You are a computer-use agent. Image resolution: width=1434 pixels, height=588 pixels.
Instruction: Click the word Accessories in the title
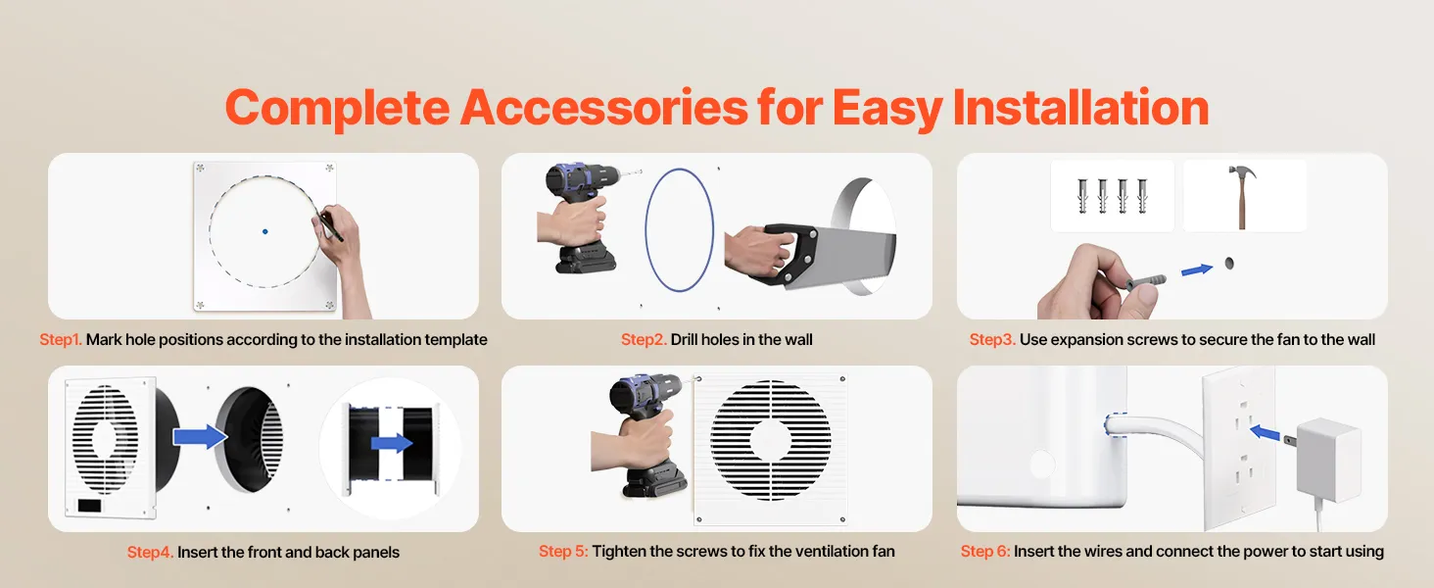tap(603, 107)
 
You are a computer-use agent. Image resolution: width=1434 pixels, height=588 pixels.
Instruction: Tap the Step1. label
tap(61, 339)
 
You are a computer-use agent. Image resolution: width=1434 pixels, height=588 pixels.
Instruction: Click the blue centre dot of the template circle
tap(265, 231)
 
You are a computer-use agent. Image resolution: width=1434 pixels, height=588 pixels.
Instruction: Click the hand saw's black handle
tap(789, 254)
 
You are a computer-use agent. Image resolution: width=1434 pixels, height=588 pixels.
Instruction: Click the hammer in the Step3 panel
tap(1242, 196)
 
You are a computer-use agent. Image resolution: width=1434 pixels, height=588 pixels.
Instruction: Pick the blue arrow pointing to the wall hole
tap(1197, 269)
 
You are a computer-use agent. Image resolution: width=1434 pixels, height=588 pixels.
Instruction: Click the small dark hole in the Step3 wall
tap(1229, 263)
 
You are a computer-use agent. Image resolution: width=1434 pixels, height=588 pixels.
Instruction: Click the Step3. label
tap(992, 339)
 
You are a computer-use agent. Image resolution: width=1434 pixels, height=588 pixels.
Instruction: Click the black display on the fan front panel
tap(90, 506)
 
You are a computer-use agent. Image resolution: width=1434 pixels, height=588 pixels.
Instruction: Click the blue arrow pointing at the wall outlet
tap(1265, 433)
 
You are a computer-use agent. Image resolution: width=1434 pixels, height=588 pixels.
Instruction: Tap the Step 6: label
tap(985, 551)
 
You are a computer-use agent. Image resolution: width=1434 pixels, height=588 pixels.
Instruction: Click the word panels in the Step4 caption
tap(378, 552)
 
